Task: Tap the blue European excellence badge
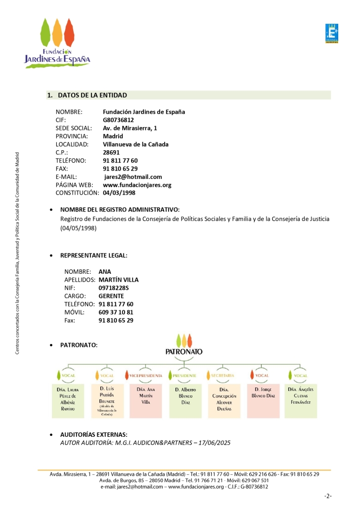[331, 34]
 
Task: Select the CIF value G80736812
[118, 120]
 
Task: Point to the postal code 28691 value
[111, 153]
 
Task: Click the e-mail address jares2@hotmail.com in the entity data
[133, 177]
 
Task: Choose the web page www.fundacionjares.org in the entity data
[137, 185]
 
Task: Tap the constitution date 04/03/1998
[119, 193]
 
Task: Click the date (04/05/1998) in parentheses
[78, 229]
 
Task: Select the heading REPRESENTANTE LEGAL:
[94, 255]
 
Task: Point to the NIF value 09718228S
[114, 288]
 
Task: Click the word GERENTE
[111, 296]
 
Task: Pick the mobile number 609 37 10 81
[116, 312]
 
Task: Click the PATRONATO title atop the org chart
[183, 352]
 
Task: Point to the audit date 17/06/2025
[215, 443]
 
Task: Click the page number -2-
[327, 496]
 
